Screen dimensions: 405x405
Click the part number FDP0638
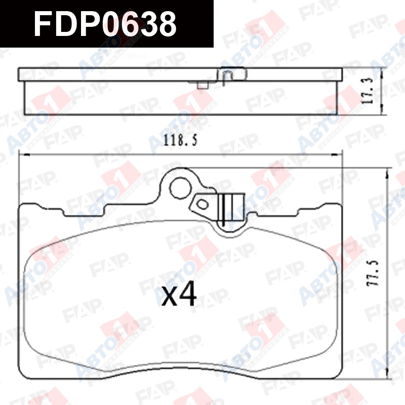tap(105, 24)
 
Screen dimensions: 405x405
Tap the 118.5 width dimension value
tap(181, 141)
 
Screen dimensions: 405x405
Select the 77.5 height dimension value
tap(373, 272)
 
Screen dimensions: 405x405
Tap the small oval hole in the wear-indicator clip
tap(202, 205)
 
